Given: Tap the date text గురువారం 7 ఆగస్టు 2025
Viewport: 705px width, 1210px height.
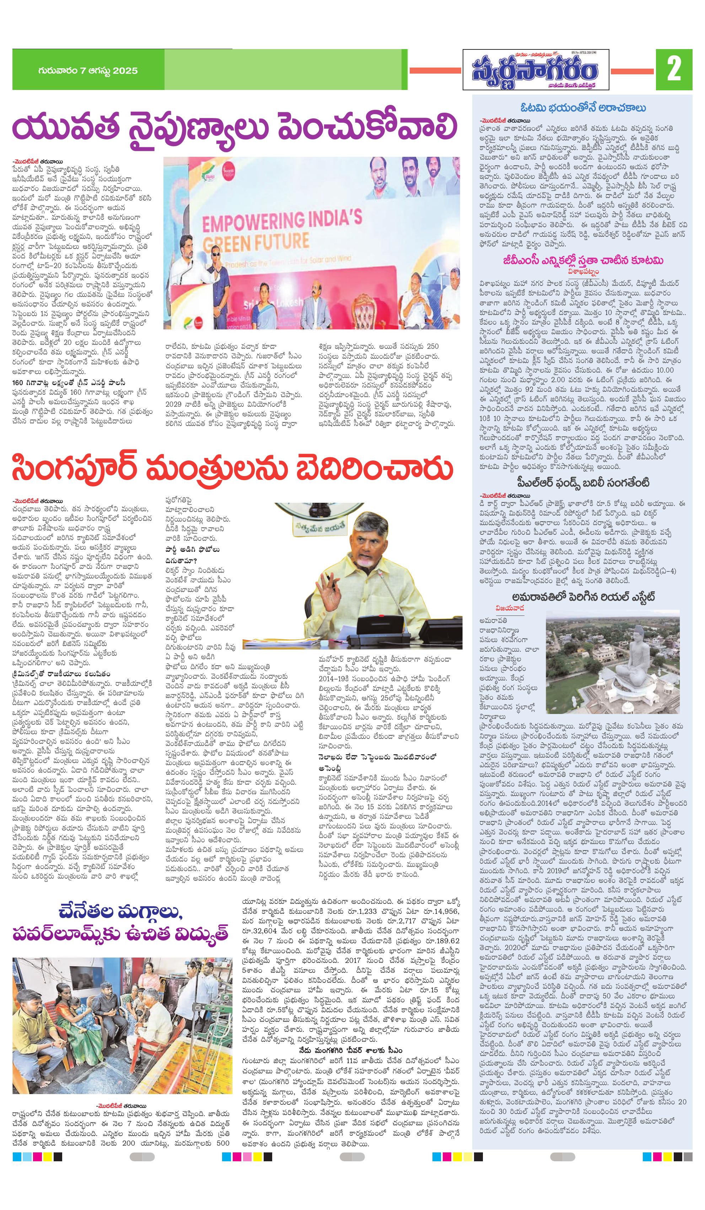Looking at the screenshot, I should click(87, 71).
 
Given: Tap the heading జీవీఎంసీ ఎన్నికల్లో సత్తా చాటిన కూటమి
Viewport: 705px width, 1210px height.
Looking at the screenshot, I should click(583, 260).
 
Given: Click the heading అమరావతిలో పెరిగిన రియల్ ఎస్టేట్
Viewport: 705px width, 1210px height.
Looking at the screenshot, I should click(583, 597).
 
